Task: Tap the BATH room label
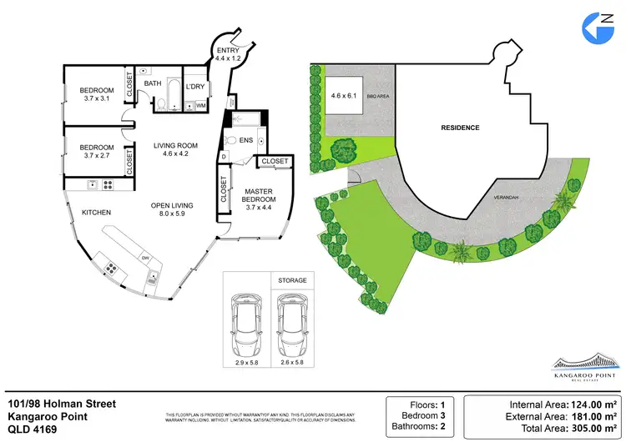pos(153,83)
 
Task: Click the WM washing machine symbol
pos(201,105)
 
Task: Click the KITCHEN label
pos(96,213)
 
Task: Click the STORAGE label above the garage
pos(292,280)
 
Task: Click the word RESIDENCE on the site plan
pos(460,128)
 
